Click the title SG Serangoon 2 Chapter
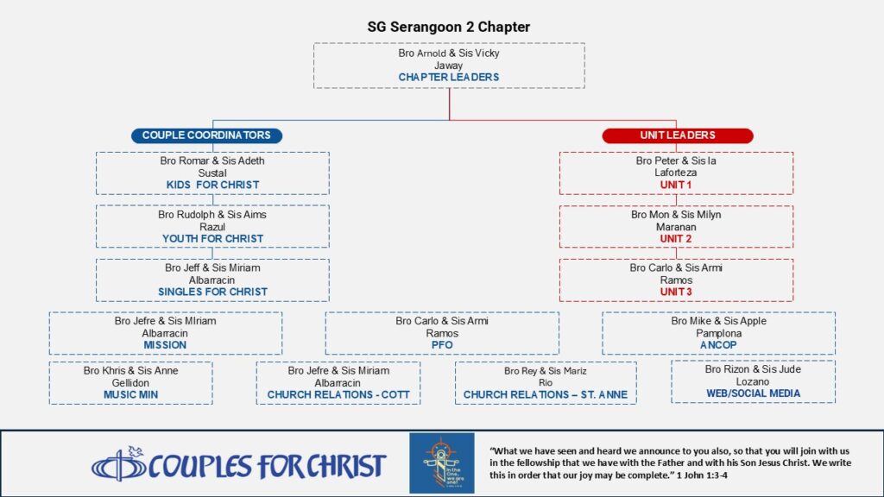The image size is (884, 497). (449, 27)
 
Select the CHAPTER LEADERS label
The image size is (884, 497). (449, 77)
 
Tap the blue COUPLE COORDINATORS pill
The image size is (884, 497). (206, 135)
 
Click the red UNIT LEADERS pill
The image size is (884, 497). (678, 135)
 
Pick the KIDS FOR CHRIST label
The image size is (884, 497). (212, 185)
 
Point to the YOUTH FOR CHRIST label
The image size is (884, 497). (212, 239)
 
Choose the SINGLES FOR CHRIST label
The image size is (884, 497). (212, 292)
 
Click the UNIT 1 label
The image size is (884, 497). (676, 185)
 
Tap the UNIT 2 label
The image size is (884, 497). (676, 239)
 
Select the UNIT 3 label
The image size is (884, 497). (676, 292)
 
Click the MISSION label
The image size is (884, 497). (165, 345)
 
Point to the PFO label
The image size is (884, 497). (442, 345)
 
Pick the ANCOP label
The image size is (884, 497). (718, 345)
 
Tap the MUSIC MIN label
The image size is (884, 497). (131, 395)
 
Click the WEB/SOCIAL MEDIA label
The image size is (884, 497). (753, 393)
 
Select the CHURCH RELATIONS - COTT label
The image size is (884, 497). (338, 395)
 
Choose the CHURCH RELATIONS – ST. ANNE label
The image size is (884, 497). (546, 395)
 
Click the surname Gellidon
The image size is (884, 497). (130, 382)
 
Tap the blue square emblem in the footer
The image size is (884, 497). (442, 463)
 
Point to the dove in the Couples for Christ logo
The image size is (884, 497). (136, 451)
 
